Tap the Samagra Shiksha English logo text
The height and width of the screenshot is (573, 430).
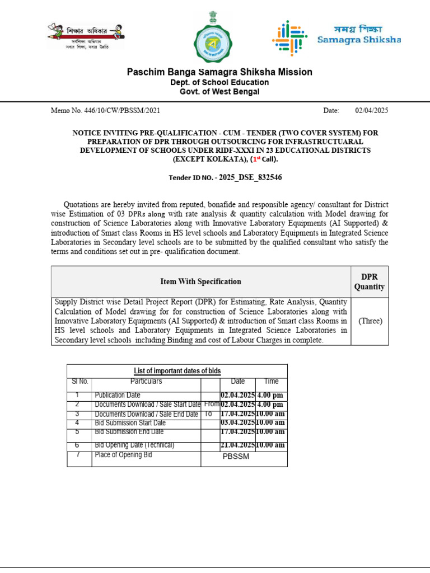pyautogui.click(x=359, y=40)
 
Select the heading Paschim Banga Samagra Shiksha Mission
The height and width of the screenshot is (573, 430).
pyautogui.click(x=219, y=72)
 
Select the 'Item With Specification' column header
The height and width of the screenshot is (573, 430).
pyautogui.click(x=200, y=281)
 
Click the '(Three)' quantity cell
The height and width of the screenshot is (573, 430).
pyautogui.click(x=370, y=321)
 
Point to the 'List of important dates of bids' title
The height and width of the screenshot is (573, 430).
pyautogui.click(x=177, y=371)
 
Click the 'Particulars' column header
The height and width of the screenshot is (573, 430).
pyautogui.click(x=146, y=382)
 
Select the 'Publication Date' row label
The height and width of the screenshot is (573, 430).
pyautogui.click(x=118, y=395)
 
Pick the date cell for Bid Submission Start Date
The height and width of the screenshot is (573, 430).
pyautogui.click(x=237, y=423)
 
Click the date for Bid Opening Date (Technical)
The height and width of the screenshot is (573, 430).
pyautogui.click(x=237, y=445)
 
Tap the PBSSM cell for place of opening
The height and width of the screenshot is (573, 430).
pyautogui.click(x=236, y=457)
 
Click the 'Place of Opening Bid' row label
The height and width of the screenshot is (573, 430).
pyautogui.click(x=123, y=455)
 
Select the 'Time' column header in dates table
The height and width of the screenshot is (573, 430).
pyautogui.click(x=271, y=382)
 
